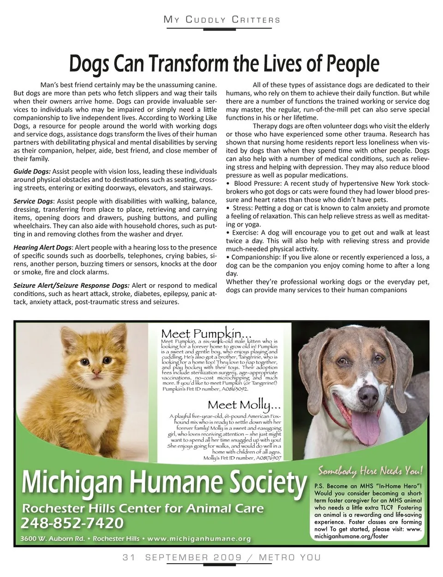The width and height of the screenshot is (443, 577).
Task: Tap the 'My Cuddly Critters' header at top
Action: point(222,19)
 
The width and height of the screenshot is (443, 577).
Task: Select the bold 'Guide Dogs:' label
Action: point(32,172)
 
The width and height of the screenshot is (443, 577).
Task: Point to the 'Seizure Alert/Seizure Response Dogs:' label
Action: point(72,286)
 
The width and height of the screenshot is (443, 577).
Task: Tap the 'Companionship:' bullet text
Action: point(255,257)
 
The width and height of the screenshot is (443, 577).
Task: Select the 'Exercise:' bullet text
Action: point(246,233)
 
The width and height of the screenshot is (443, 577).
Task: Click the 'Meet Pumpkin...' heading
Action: point(207,333)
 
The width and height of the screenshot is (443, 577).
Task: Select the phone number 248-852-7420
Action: point(72,523)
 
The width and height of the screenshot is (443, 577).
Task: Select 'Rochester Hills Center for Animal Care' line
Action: point(143,509)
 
